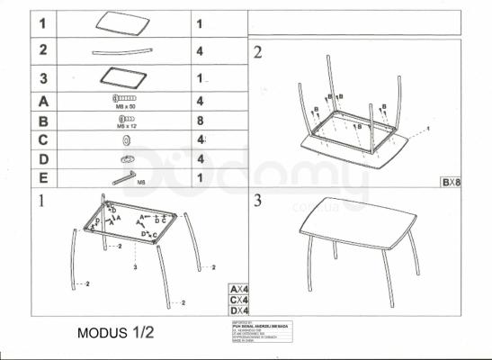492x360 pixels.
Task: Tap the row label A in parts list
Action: click(x=42, y=101)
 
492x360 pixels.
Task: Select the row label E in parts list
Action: click(x=42, y=177)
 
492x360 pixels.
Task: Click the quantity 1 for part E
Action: click(x=199, y=177)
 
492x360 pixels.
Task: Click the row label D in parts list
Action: click(x=42, y=158)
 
